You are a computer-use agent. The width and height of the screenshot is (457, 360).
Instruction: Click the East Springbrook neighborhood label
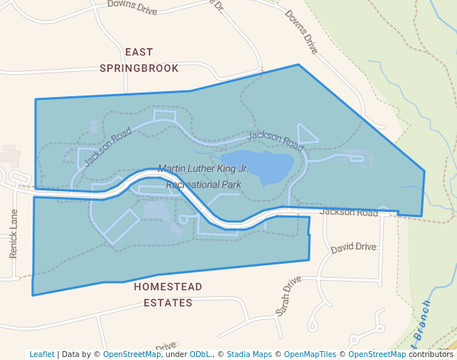(x=139, y=60)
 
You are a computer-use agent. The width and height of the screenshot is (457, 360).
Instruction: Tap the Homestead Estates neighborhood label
(x=168, y=294)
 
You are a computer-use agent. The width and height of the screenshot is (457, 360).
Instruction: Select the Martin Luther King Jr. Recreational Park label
(x=204, y=176)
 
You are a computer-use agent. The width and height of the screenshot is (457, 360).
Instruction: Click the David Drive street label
(x=354, y=247)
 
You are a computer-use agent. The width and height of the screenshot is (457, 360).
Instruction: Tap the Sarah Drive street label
(x=288, y=296)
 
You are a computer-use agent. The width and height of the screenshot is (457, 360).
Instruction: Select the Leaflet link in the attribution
(x=41, y=354)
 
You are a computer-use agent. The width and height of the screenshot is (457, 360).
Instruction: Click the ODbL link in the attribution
(x=200, y=354)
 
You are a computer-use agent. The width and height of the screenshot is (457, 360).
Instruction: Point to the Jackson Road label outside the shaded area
(x=349, y=213)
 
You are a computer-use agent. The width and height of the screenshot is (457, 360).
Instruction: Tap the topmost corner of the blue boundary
(x=298, y=64)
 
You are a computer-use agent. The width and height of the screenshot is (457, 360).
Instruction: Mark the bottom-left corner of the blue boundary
(x=33, y=296)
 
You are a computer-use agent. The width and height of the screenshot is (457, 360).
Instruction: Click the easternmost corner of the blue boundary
(x=424, y=171)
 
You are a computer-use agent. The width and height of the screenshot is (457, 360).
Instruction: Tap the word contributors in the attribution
(x=430, y=354)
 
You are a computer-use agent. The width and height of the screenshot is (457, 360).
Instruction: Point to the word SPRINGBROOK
(x=139, y=68)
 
